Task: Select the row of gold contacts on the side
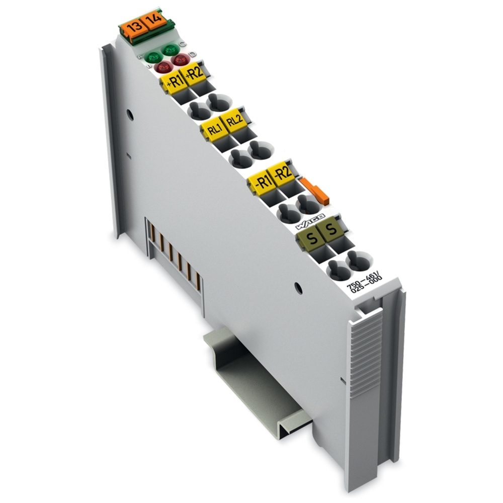tap(174, 257)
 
